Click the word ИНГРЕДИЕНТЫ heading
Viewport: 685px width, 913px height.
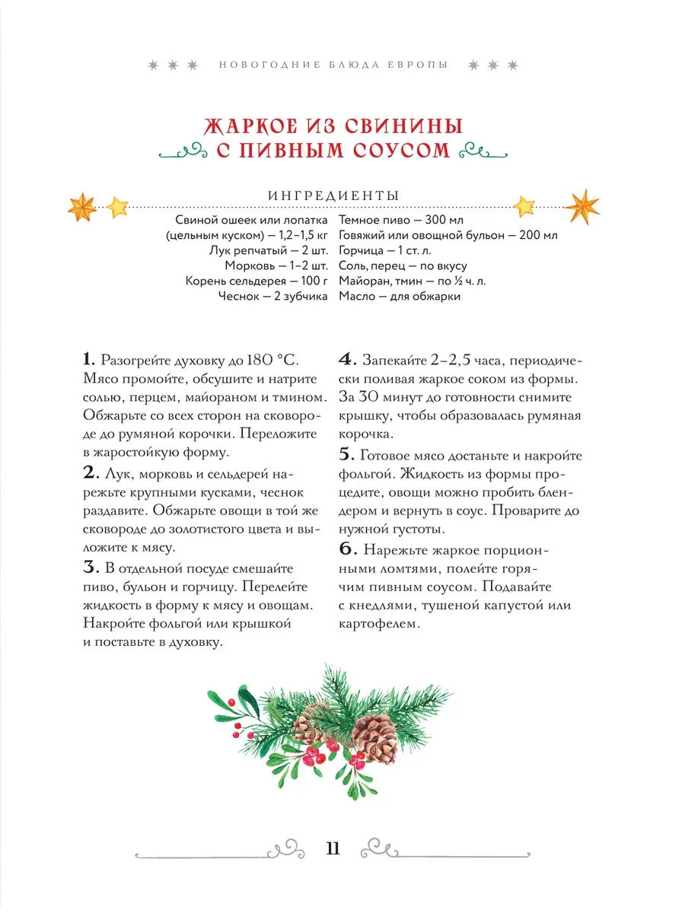pos(334,196)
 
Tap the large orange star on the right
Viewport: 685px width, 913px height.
pos(584,205)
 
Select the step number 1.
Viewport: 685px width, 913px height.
pos(87,358)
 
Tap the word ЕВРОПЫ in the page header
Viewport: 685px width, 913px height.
pos(416,65)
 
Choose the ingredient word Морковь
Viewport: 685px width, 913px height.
pos(250,266)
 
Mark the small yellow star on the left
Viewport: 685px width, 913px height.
pos(118,205)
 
